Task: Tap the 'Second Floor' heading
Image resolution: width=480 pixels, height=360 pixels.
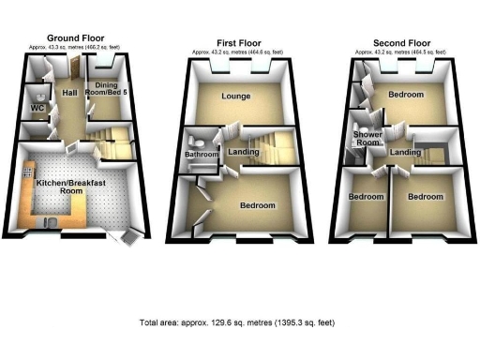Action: click(x=401, y=42)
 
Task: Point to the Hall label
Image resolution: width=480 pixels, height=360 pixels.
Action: click(x=69, y=94)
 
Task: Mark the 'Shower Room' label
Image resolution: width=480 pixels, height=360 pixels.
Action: click(x=366, y=138)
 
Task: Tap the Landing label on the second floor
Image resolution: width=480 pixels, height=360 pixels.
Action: click(x=405, y=152)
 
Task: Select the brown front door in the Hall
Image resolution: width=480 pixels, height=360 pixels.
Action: click(x=71, y=67)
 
